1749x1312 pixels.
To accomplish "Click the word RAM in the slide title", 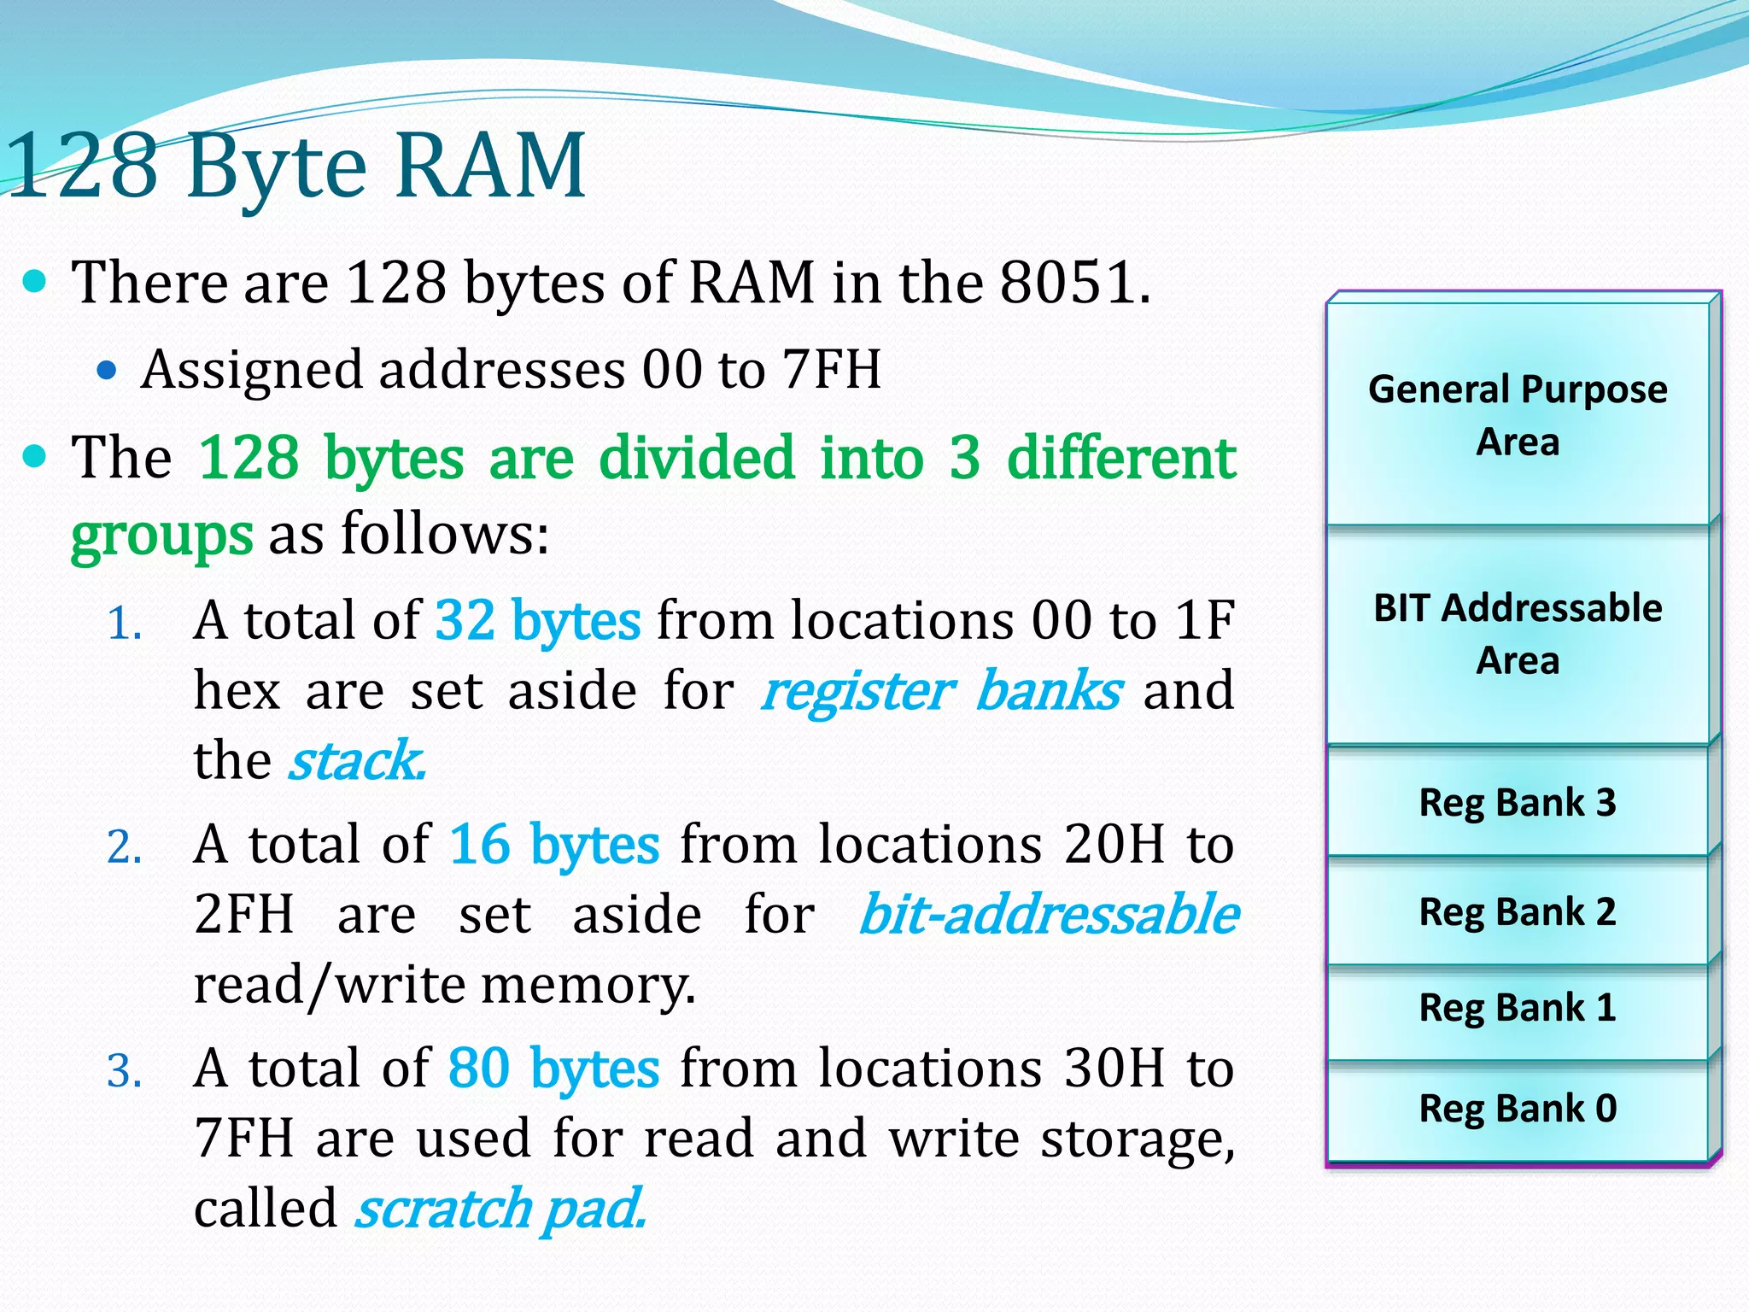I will tap(490, 165).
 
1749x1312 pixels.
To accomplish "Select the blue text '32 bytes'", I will tap(537, 620).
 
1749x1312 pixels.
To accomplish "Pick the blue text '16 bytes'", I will tap(554, 845).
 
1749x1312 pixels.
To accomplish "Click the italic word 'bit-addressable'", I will tap(1048, 915).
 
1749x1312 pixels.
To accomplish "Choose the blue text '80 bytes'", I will tap(553, 1069).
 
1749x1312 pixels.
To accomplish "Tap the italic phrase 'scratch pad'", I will tap(500, 1209).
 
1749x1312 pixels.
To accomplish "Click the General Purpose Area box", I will tap(1518, 415).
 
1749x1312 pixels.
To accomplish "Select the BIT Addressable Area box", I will tap(1518, 634).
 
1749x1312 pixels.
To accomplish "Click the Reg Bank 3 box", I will tap(1518, 802).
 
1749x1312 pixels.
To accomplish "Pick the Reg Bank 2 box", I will tap(1518, 911).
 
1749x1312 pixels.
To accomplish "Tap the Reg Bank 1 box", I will tap(1518, 1008).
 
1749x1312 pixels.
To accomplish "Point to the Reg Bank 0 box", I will tap(1518, 1109).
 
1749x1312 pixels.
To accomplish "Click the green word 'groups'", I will tap(161, 536).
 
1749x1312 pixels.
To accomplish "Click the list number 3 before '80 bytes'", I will tap(124, 1071).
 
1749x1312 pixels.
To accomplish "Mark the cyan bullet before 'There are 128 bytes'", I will tap(35, 282).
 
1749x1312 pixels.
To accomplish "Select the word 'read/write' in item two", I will tap(328, 985).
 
